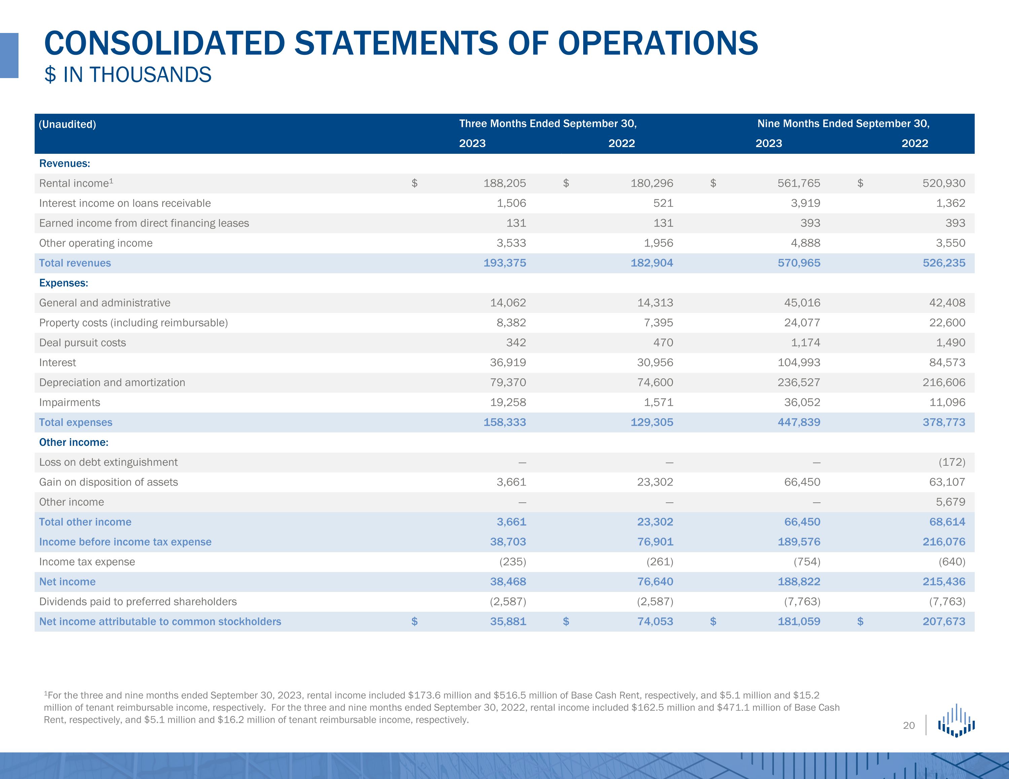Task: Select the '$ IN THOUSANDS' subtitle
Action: [x=127, y=75]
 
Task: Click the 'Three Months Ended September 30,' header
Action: [x=548, y=123]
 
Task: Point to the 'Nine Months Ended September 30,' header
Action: [x=843, y=123]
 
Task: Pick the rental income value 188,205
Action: [x=504, y=183]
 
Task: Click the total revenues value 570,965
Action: [x=799, y=263]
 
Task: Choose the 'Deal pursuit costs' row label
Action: [x=82, y=343]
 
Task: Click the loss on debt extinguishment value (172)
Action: [x=952, y=462]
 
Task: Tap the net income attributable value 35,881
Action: [x=508, y=622]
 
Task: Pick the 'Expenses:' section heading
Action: [x=64, y=283]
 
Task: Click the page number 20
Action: [x=909, y=725]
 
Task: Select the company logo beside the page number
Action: [x=956, y=721]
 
